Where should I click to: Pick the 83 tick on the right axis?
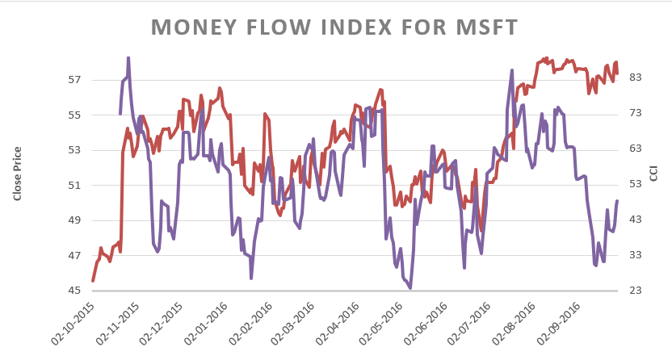[634, 77]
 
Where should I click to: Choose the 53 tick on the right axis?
[634, 184]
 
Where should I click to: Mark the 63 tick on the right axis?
[634, 149]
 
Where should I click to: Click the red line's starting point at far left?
[93, 281]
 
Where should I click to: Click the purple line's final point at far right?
[617, 201]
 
